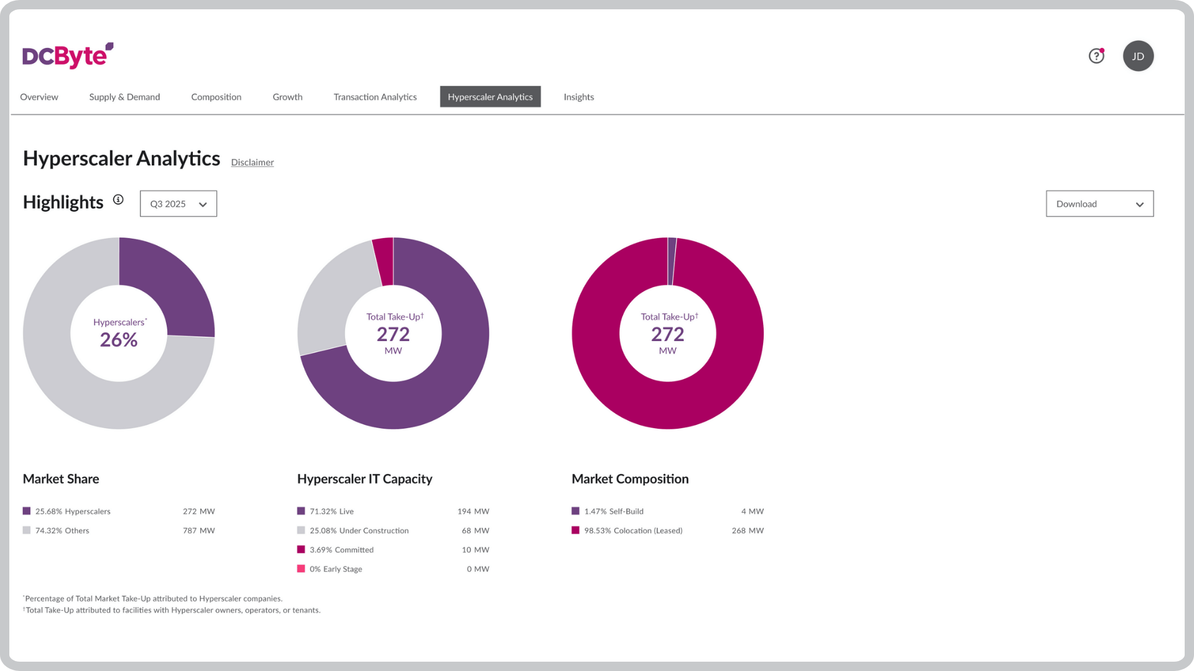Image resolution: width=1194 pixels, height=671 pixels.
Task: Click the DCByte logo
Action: click(x=67, y=56)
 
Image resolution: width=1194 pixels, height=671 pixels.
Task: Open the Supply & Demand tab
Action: click(x=124, y=97)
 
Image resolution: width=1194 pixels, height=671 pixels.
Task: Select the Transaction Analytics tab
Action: click(x=375, y=97)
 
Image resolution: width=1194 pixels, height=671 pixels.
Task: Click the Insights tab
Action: click(x=578, y=97)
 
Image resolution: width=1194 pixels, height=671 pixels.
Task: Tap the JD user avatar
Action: click(x=1138, y=56)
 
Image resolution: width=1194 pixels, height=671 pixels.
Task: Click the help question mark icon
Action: click(x=1096, y=56)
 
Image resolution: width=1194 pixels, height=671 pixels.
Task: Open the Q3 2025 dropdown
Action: click(x=178, y=204)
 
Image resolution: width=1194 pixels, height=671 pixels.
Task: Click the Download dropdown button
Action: click(x=1099, y=204)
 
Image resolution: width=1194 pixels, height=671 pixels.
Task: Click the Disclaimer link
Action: click(x=252, y=162)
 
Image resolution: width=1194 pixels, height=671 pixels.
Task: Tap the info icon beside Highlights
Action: click(x=118, y=199)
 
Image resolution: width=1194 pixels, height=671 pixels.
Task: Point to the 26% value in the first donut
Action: click(x=119, y=340)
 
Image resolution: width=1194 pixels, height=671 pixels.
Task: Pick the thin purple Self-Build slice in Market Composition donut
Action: click(x=672, y=261)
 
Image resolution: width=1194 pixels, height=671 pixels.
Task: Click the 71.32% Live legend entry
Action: click(x=331, y=511)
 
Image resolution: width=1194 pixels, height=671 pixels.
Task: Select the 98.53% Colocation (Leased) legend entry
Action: click(x=633, y=531)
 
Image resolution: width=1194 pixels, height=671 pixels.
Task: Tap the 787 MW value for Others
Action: click(x=198, y=531)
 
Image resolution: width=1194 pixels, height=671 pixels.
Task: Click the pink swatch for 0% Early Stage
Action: click(x=301, y=569)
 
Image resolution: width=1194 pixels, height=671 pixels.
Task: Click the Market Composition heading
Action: click(x=630, y=479)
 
